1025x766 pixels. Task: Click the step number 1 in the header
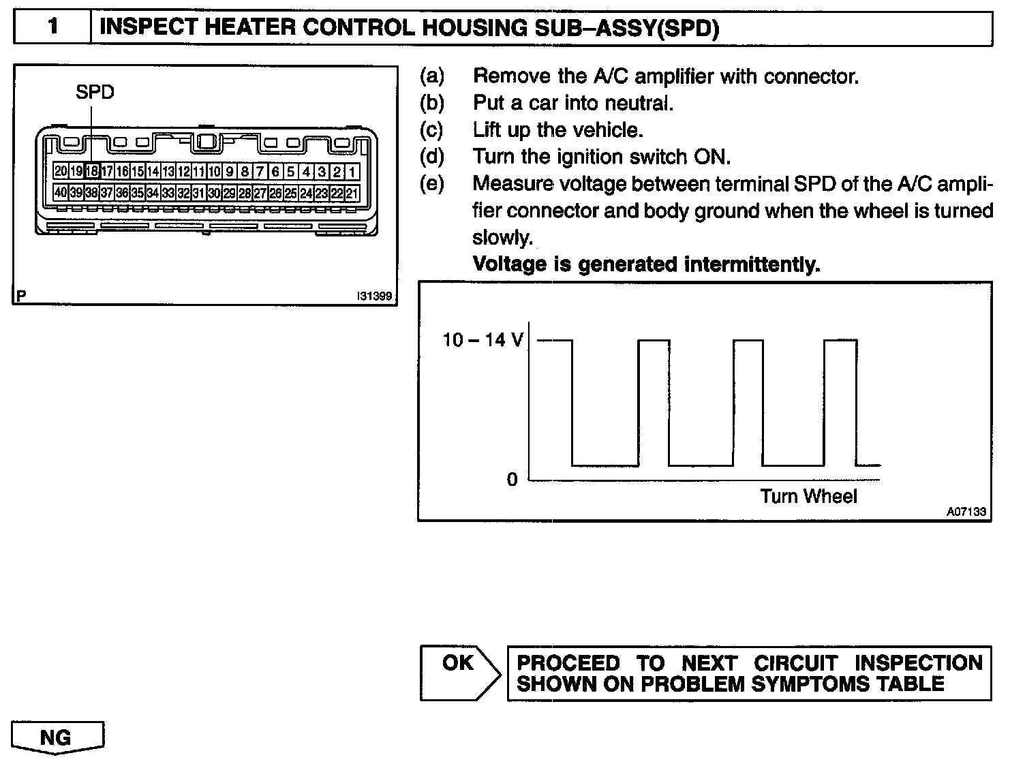tap(52, 29)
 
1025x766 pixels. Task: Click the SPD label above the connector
tap(95, 92)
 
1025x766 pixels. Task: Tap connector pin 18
tap(91, 172)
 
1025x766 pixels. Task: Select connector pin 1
tap(352, 172)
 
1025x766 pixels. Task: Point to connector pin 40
tap(61, 193)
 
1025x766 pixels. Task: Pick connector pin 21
tap(352, 193)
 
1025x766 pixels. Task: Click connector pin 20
tap(61, 172)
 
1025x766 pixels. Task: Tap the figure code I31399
tap(373, 296)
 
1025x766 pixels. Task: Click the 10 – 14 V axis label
tap(483, 339)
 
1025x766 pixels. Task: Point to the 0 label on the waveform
tap(512, 480)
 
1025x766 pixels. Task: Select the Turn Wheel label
tap(808, 496)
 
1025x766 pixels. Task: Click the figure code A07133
tap(966, 512)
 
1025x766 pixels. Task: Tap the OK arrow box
tap(458, 673)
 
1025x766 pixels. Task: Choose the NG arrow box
tap(57, 737)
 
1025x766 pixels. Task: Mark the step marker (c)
tap(431, 129)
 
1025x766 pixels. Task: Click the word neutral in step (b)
tap(638, 103)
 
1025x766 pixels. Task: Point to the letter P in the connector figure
tap(22, 296)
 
